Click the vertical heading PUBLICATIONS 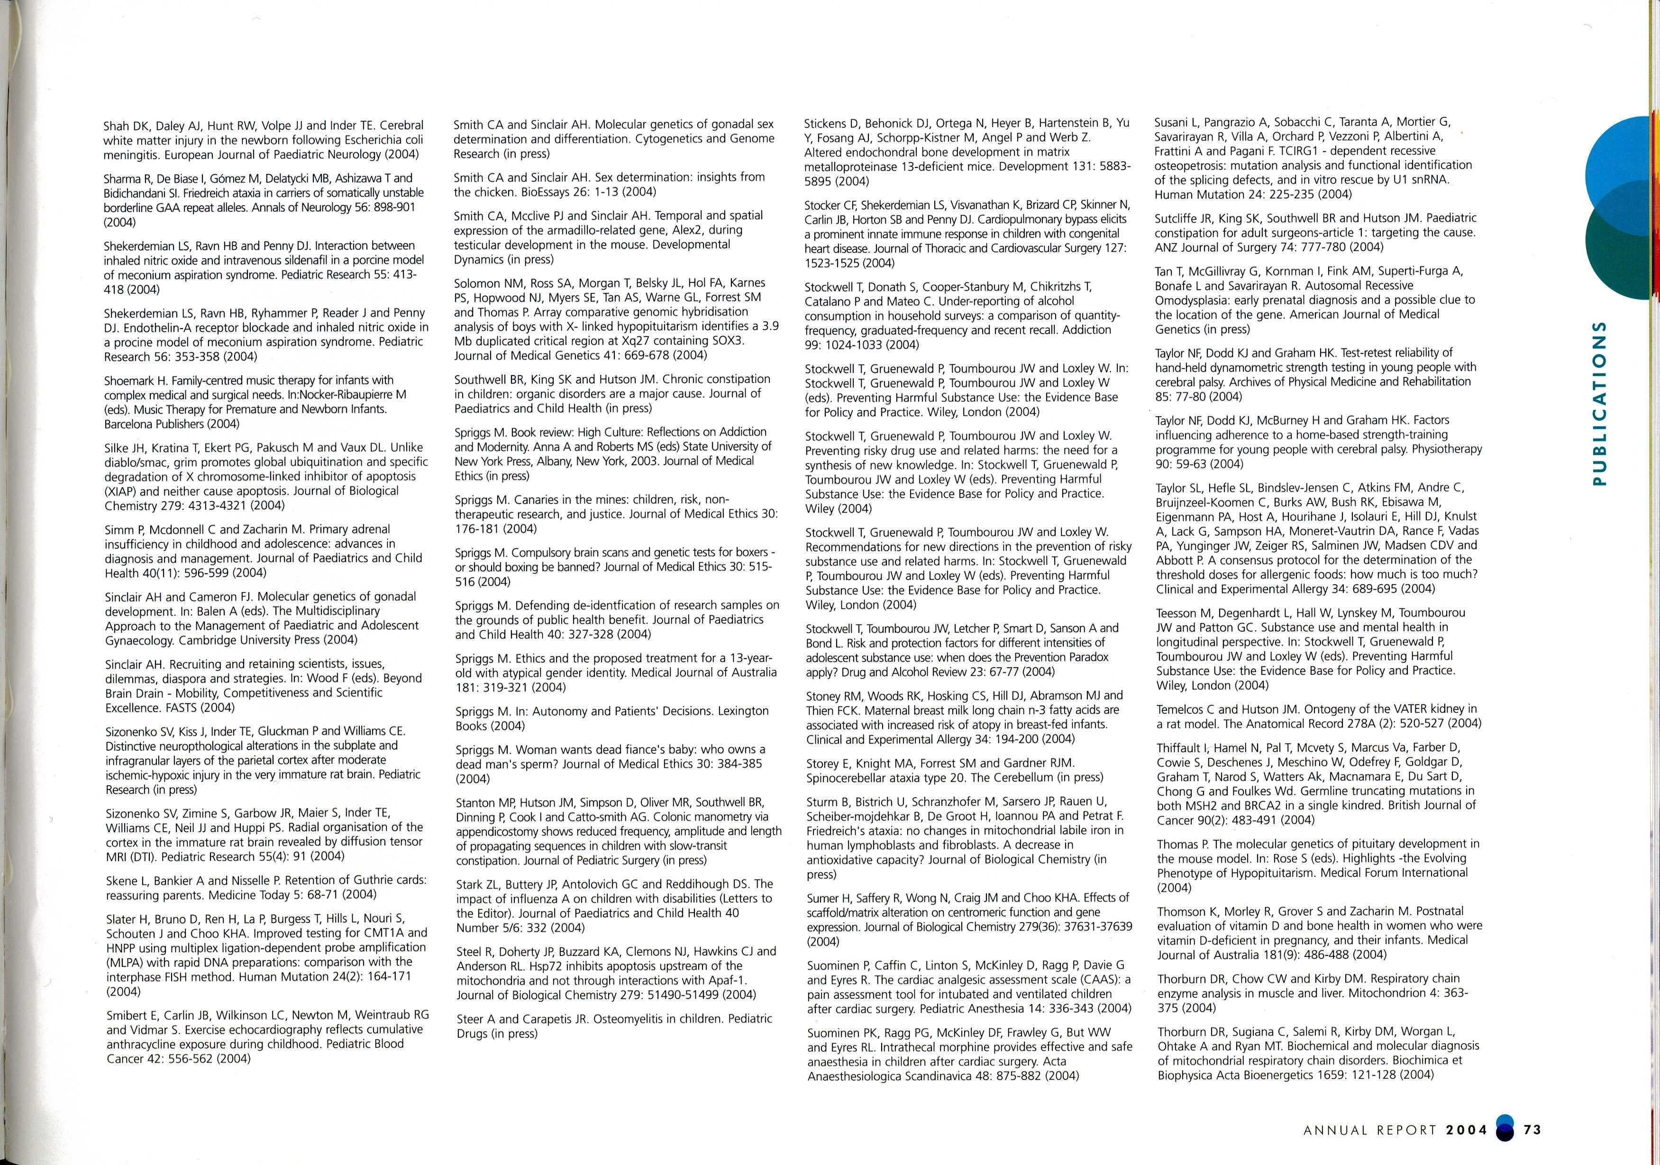point(1599,404)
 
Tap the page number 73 point(1532,1129)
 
